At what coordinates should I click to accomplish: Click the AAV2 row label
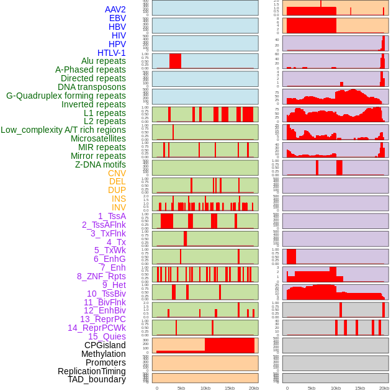pyautogui.click(x=115, y=9)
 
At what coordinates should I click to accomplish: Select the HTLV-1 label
pyautogui.click(x=111, y=53)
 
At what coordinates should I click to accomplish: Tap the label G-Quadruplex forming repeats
pyautogui.click(x=66, y=96)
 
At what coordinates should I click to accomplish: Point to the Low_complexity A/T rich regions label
pyautogui.click(x=63, y=130)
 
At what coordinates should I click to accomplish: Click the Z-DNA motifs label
pyautogui.click(x=100, y=164)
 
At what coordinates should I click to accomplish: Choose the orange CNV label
pyautogui.click(x=117, y=173)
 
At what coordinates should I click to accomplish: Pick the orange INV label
pyautogui.click(x=119, y=207)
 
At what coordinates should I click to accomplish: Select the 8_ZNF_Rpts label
pyautogui.click(x=101, y=276)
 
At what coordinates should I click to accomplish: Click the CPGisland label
pyautogui.click(x=105, y=345)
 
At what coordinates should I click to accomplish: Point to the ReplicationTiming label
pyautogui.click(x=91, y=371)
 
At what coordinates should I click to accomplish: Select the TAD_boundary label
pyautogui.click(x=96, y=379)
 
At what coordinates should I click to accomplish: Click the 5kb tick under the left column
pyautogui.click(x=181, y=388)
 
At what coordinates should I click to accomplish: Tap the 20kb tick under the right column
pyautogui.click(x=384, y=388)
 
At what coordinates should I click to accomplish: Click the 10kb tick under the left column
pyautogui.click(x=205, y=388)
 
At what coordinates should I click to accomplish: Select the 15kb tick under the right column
pyautogui.click(x=360, y=388)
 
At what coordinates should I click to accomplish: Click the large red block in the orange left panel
pyautogui.click(x=230, y=345)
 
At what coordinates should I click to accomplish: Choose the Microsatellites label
pyautogui.click(x=98, y=138)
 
